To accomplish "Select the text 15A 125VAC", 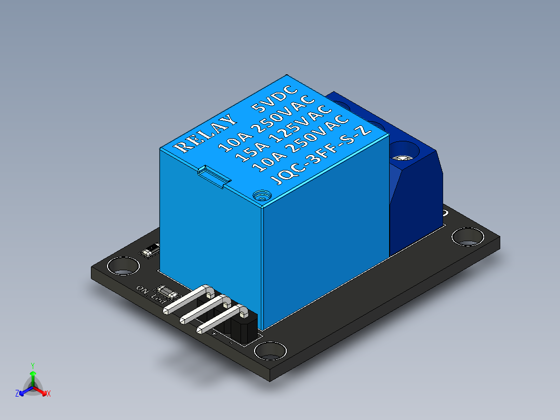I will [283, 134].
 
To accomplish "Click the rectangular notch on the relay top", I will [214, 175].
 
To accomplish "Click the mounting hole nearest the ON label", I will [124, 267].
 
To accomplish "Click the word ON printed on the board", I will [142, 288].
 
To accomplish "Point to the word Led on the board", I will [157, 298].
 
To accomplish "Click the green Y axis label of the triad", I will [32, 365].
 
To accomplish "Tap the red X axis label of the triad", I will [49, 393].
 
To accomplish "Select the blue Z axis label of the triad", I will [17, 393].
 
